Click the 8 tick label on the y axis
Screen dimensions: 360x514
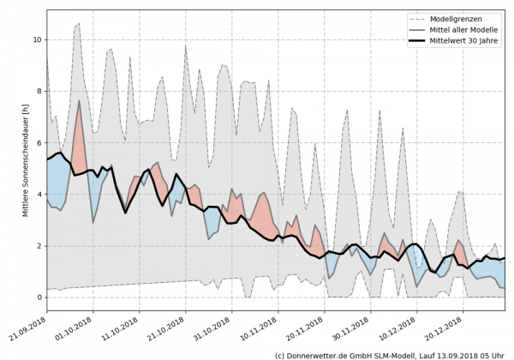38,91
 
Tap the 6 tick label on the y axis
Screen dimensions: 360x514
38,142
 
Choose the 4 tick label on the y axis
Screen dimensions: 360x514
38,195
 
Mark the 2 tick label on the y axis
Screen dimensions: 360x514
38,246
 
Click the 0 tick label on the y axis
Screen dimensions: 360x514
38,297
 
